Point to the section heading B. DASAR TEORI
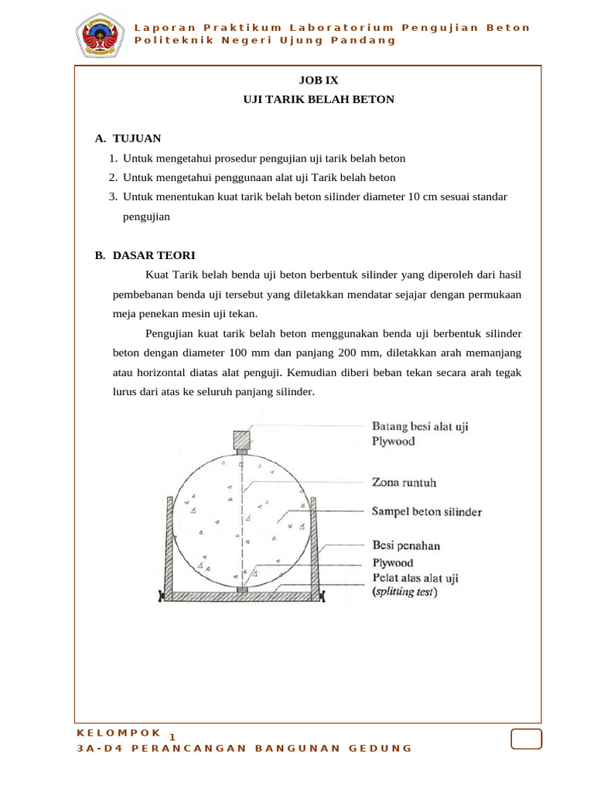pos(145,255)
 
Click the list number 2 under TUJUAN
pos(113,177)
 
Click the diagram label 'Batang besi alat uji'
pos(420,426)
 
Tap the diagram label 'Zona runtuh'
pos(405,483)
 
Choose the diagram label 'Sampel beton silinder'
pos(427,512)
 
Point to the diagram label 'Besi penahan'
pos(406,545)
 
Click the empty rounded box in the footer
pos(526,739)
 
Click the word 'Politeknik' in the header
pos(169,40)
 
